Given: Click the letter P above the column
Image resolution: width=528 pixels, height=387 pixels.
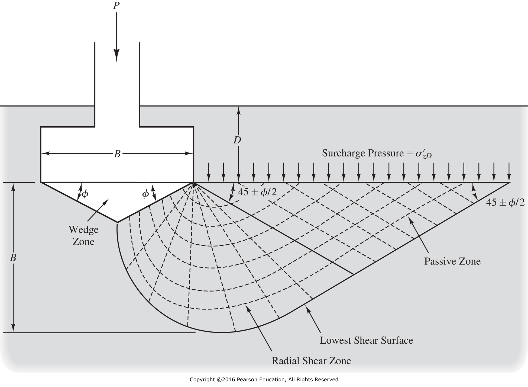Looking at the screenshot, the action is point(116,5).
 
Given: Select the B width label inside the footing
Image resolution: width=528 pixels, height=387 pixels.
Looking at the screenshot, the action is point(117,154).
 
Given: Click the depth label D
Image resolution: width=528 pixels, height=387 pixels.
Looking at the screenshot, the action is point(238,140).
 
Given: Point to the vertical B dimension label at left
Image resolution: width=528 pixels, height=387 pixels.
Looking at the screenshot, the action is point(13,258).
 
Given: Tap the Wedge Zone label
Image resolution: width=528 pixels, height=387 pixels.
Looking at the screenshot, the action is point(83,235).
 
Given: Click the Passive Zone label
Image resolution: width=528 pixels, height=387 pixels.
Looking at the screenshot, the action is point(452,261).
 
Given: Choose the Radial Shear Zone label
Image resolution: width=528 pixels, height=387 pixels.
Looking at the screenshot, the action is point(311,361).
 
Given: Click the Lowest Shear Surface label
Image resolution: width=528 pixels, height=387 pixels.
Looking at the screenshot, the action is point(366,340).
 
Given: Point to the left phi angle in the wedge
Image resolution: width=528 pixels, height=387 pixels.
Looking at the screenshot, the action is point(85,194).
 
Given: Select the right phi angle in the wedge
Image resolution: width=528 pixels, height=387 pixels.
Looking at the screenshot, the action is point(145,194).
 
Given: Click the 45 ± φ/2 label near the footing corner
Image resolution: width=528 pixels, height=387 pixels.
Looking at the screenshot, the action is point(257,192).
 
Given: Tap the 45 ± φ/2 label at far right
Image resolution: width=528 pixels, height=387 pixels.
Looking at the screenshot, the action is point(505,202).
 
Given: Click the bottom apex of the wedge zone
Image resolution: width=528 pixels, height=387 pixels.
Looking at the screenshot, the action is point(117,222).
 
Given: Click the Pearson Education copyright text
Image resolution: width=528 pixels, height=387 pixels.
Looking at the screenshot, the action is point(264,379).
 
